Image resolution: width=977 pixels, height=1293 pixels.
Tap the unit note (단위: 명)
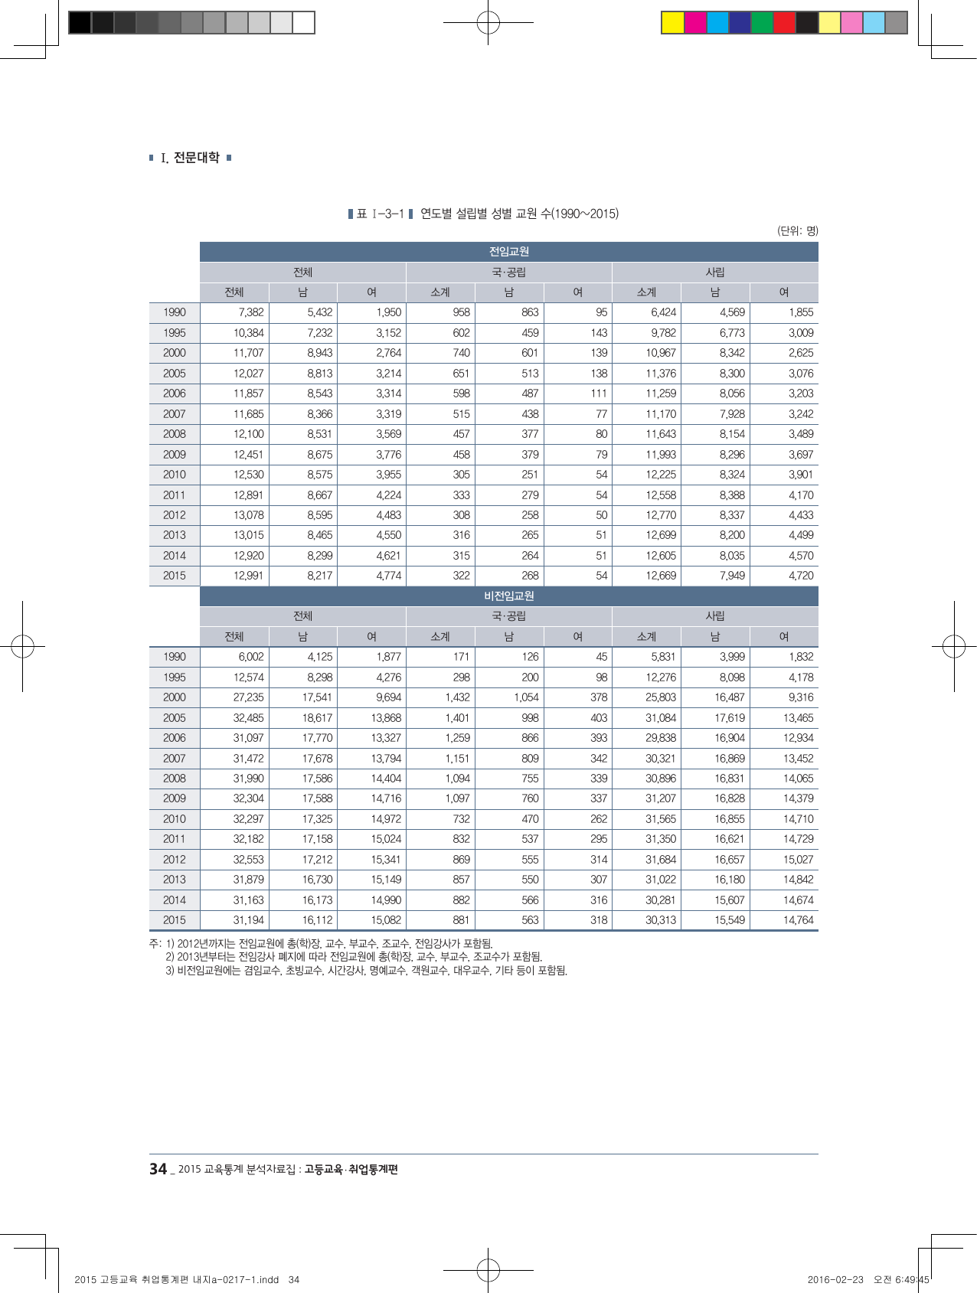click(797, 230)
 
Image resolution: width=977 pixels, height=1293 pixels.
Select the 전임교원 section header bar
click(508, 252)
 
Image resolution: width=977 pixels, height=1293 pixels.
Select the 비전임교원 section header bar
click(508, 596)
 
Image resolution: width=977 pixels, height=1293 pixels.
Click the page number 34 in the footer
click(158, 1169)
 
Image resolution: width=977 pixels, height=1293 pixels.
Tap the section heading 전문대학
click(196, 158)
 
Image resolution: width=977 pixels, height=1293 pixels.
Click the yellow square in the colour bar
click(672, 23)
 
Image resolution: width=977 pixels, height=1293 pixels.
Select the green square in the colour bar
click(762, 23)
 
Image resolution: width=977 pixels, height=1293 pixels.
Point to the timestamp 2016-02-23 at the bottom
click(835, 1279)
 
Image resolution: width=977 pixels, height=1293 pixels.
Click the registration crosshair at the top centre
click(488, 23)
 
